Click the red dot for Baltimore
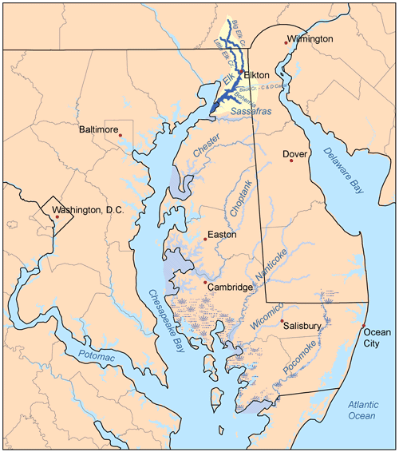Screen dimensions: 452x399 [x=120, y=136]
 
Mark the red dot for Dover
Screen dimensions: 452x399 [x=291, y=161]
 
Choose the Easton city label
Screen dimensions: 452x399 [x=223, y=235]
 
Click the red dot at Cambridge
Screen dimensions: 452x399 [x=205, y=282]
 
